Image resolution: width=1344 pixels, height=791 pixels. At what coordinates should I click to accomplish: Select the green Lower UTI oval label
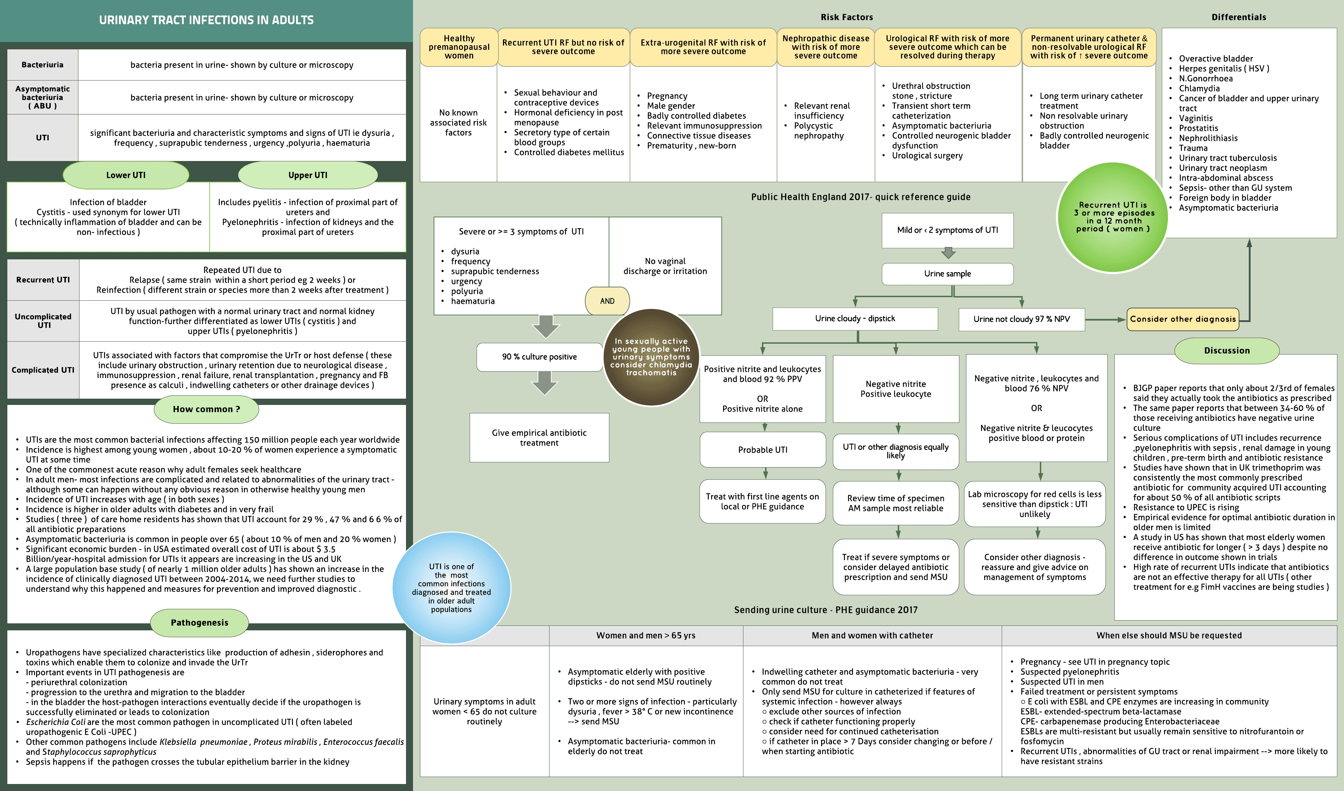(126, 175)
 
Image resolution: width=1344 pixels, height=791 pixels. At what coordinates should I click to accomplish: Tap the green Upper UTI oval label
(308, 175)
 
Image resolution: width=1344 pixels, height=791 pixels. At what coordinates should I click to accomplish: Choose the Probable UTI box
(762, 450)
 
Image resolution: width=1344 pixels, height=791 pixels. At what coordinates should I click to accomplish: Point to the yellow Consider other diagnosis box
(1182, 319)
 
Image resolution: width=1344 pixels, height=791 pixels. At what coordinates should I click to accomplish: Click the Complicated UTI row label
(43, 370)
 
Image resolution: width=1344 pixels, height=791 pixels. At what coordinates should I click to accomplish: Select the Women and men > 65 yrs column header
(645, 635)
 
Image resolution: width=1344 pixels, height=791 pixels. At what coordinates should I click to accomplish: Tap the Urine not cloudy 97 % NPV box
(1021, 319)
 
